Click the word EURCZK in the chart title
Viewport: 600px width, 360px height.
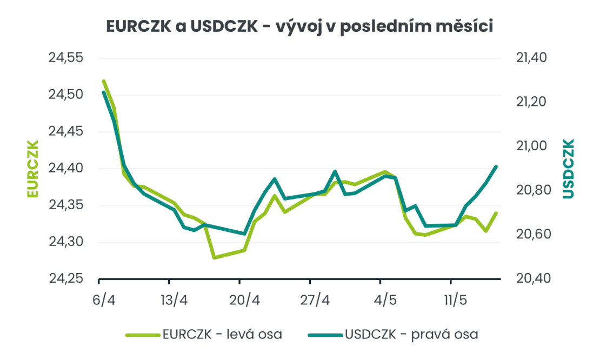tap(138, 26)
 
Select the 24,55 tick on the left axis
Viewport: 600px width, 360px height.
tap(66, 58)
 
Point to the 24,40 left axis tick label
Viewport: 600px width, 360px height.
tap(66, 168)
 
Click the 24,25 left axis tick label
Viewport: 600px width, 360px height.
tap(66, 278)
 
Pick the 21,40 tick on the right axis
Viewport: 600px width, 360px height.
tap(531, 58)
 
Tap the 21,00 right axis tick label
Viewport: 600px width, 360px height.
tap(531, 146)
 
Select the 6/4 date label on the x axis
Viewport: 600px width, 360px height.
tap(104, 300)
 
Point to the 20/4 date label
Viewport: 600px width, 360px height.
tap(244, 300)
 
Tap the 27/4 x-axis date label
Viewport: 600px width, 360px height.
tap(315, 300)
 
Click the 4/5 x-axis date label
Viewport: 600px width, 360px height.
tap(385, 300)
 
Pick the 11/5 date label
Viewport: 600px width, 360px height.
tap(455, 300)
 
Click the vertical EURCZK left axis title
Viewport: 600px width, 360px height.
tap(33, 169)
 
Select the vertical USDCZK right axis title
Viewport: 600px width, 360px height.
tap(569, 169)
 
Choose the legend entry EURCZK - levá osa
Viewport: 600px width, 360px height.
tap(204, 335)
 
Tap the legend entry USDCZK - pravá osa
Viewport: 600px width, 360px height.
tap(393, 335)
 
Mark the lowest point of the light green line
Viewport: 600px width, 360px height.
tap(214, 257)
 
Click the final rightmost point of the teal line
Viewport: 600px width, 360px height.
tap(496, 166)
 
